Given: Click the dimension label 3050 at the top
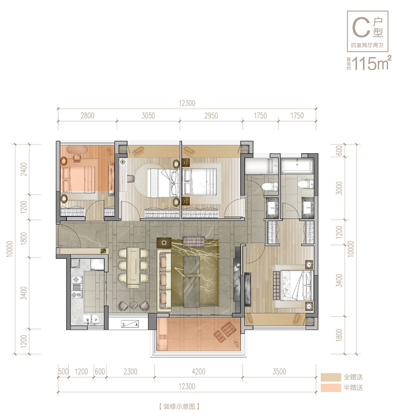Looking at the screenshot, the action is (x=148, y=116).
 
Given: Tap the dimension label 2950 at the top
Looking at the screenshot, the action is (x=211, y=116).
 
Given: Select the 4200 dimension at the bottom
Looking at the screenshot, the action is (x=198, y=371).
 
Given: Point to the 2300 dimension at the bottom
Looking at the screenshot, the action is (x=131, y=371).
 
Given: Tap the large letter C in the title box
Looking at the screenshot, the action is (x=361, y=27).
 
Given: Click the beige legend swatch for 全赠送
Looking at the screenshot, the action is (x=331, y=377).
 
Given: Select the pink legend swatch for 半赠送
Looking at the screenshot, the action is (x=331, y=388).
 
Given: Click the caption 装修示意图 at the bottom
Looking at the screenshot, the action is (x=179, y=407).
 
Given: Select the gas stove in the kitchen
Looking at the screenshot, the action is (x=76, y=287).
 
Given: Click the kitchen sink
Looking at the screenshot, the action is (x=91, y=319).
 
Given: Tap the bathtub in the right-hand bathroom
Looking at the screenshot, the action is (x=297, y=166).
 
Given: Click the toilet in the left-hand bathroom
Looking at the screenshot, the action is (x=270, y=186).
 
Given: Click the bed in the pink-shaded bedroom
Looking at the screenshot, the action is (x=78, y=179).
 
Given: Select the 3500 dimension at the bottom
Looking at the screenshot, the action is (x=279, y=371).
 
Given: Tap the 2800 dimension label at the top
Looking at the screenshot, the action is (x=87, y=116).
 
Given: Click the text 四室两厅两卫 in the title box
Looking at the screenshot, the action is (x=367, y=45).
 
